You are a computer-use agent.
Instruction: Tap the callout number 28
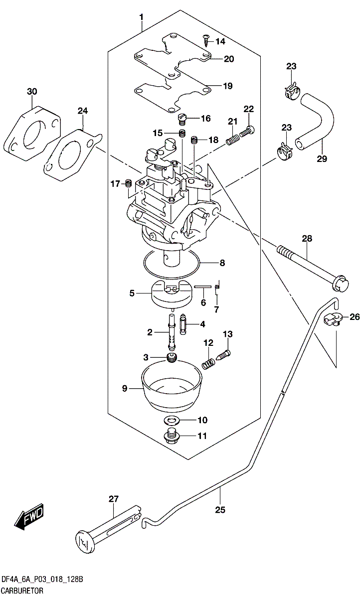coord(306,239)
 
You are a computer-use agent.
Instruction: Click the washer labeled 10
coord(173,419)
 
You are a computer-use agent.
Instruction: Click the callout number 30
coord(32,92)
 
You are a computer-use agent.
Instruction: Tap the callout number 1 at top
coord(142,17)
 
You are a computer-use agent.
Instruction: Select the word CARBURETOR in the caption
coord(22,591)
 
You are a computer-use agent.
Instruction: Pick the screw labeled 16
coord(182,119)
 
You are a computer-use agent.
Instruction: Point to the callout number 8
coord(222,262)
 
